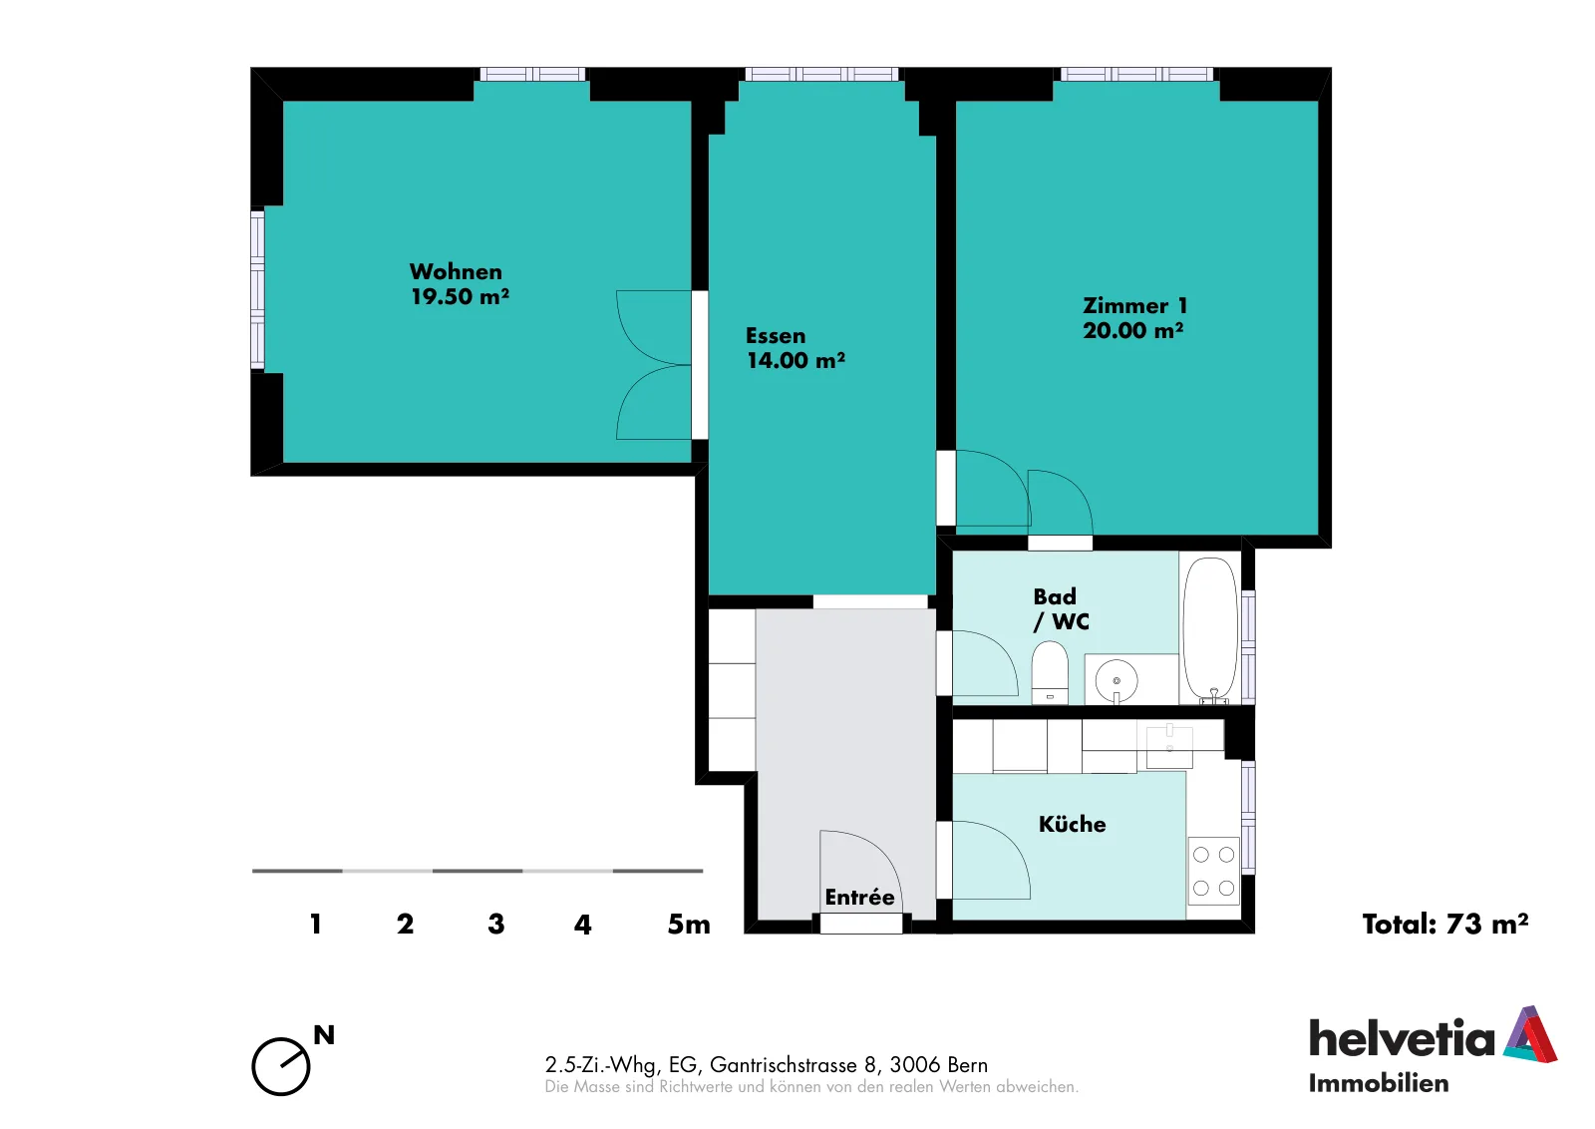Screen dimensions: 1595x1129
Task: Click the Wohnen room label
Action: [x=456, y=271]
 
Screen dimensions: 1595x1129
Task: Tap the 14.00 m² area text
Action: [x=796, y=360]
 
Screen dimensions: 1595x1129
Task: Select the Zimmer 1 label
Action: [x=1135, y=305]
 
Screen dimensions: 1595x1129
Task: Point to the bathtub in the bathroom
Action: [x=1210, y=629]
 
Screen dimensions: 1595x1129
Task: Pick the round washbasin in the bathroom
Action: [x=1116, y=681]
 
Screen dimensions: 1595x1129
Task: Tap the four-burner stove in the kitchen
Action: [x=1213, y=871]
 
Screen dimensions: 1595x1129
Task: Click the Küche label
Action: [x=1073, y=824]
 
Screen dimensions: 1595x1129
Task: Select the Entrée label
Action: [x=859, y=897]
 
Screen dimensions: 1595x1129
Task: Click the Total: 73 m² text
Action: [x=1445, y=924]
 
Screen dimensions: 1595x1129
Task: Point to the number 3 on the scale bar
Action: [x=496, y=924]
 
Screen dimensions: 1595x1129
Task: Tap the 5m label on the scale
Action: [x=689, y=924]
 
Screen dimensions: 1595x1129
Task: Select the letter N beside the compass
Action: [x=324, y=1035]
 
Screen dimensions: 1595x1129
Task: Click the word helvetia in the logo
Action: [x=1402, y=1037]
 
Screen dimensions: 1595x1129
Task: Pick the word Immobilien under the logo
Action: [x=1379, y=1083]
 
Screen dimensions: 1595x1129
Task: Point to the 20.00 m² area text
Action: [x=1133, y=330]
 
